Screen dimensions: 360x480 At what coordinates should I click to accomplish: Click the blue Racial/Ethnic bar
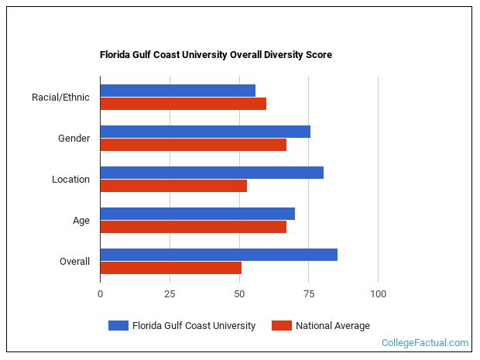pyautogui.click(x=177, y=91)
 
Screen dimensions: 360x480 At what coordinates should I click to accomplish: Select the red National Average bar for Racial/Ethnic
pyautogui.click(x=183, y=104)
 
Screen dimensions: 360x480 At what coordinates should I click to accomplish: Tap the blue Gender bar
pyautogui.click(x=205, y=132)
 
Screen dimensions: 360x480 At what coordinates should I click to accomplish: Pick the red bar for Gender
pyautogui.click(x=193, y=145)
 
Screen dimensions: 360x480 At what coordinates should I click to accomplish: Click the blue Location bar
pyautogui.click(x=211, y=173)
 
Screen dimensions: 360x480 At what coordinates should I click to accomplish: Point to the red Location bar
pyautogui.click(x=173, y=186)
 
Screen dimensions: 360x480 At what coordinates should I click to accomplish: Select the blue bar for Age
pyautogui.click(x=197, y=214)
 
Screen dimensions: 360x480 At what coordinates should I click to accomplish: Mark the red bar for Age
pyautogui.click(x=193, y=227)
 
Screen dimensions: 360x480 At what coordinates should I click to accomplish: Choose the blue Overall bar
pyautogui.click(x=218, y=255)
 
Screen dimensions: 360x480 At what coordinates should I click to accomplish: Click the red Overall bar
pyautogui.click(x=170, y=268)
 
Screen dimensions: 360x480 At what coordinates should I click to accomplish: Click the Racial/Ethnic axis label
pyautogui.click(x=60, y=98)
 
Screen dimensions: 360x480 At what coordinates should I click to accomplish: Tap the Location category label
pyautogui.click(x=70, y=180)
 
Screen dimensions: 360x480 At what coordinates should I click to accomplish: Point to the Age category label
pyautogui.click(x=81, y=221)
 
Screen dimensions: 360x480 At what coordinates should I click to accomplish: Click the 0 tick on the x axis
pyautogui.click(x=100, y=294)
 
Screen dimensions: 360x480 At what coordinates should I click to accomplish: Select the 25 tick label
pyautogui.click(x=170, y=294)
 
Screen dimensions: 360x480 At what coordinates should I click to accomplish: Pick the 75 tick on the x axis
pyautogui.click(x=308, y=294)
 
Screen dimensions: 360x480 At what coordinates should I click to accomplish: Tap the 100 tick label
pyautogui.click(x=378, y=294)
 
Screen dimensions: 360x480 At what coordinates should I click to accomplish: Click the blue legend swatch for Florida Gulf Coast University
pyautogui.click(x=118, y=326)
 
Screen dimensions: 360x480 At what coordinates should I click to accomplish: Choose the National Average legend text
pyautogui.click(x=332, y=326)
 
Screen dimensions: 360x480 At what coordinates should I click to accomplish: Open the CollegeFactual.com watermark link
pyautogui.click(x=425, y=343)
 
